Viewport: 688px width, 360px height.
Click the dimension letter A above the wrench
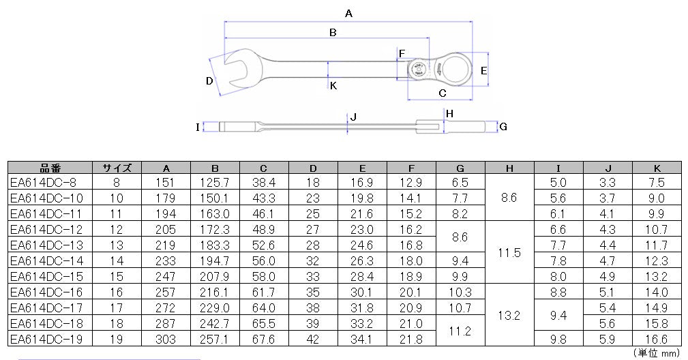(x=348, y=13)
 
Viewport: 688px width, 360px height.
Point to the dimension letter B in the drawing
(x=333, y=32)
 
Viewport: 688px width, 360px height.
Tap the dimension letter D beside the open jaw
(x=210, y=81)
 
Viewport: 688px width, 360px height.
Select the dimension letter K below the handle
(x=333, y=86)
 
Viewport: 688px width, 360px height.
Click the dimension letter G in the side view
(x=503, y=127)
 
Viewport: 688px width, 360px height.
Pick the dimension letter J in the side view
(x=353, y=117)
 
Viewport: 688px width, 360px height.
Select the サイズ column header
(x=117, y=168)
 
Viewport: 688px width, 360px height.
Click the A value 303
(x=166, y=339)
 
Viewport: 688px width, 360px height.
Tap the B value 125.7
(x=215, y=182)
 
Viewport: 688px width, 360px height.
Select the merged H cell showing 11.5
(x=509, y=252)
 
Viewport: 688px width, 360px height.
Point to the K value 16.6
(x=657, y=339)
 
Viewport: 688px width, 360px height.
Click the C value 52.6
(x=264, y=245)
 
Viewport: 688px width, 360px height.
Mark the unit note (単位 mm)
(x=657, y=353)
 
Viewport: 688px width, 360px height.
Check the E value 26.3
(x=362, y=260)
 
